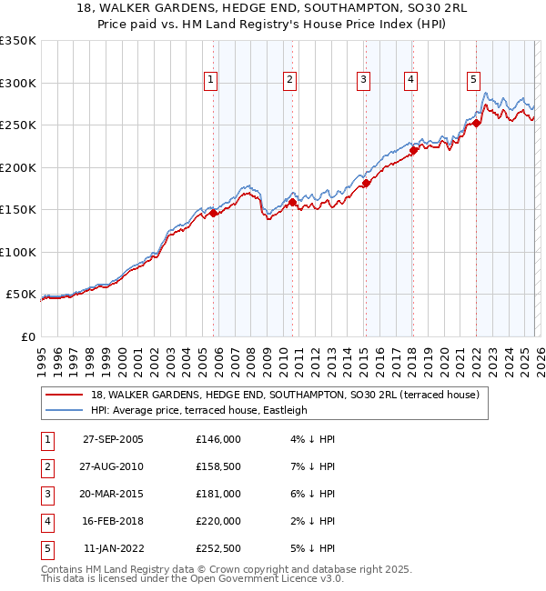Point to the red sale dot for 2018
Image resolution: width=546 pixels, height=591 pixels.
[412, 151]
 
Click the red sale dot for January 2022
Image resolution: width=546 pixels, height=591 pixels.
[476, 123]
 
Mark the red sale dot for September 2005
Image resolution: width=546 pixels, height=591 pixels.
[214, 214]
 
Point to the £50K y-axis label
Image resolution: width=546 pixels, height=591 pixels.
[21, 295]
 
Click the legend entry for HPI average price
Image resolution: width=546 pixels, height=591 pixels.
[199, 410]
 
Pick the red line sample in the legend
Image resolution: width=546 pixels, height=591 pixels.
[64, 395]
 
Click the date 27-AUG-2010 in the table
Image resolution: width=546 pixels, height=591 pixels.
[113, 466]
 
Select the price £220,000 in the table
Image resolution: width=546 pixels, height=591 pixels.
[218, 521]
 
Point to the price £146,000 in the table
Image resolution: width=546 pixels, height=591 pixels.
[218, 439]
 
